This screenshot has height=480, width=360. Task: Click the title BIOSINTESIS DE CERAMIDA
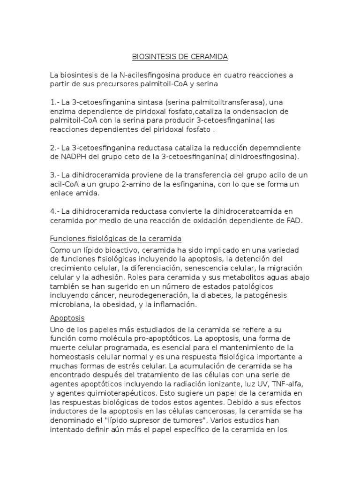pyautogui.click(x=180, y=57)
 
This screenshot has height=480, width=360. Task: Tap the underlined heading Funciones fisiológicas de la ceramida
pyautogui.click(x=115, y=239)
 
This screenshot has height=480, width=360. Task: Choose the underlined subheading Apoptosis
pyautogui.click(x=67, y=318)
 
